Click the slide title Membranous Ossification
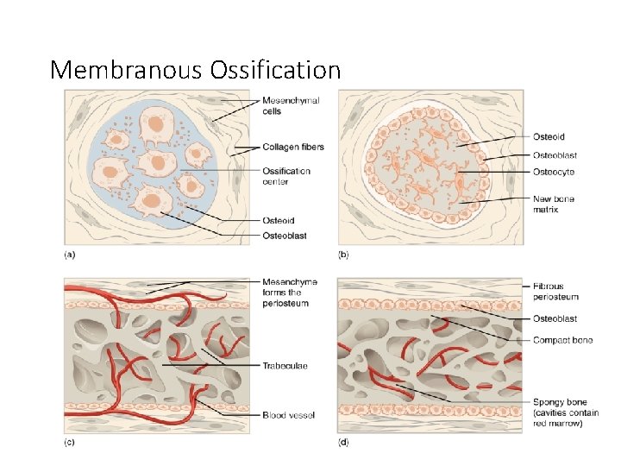[x=195, y=69]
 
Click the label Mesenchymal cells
[x=291, y=106]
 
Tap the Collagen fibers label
[x=293, y=147]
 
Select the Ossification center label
[x=286, y=176]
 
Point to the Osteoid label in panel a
[x=278, y=221]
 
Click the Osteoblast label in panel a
[x=284, y=236]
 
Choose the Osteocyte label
[x=554, y=173]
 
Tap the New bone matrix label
[x=554, y=205]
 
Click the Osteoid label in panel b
[x=549, y=136]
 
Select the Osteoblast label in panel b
[x=555, y=155]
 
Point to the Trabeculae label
[x=285, y=366]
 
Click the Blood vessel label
[x=288, y=415]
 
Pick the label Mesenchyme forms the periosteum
[x=290, y=293]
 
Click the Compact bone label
[x=562, y=341]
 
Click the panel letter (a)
[x=70, y=255]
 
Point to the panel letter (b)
[x=343, y=255]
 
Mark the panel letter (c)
[x=70, y=442]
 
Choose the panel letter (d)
[x=343, y=442]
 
